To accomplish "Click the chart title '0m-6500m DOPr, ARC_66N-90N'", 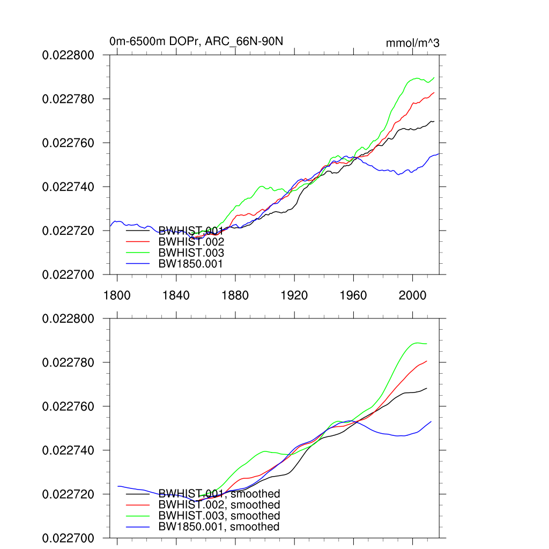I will click(192, 41).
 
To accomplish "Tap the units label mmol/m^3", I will click(412, 43).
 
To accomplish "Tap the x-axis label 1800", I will click(117, 295).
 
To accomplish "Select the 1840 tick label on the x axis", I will click(176, 295).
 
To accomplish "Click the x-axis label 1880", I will click(235, 295).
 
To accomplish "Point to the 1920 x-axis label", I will click(294, 295).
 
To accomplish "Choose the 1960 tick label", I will click(353, 295).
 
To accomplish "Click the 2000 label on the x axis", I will click(413, 295).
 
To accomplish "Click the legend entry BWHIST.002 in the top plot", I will click(191, 242).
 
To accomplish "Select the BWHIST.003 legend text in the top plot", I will click(191, 253).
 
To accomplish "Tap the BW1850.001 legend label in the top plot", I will click(191, 264).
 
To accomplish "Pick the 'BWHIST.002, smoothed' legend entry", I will click(219, 505).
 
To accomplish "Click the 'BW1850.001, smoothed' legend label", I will click(219, 527).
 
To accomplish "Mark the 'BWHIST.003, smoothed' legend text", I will click(219, 516).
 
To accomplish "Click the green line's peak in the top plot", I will click(417, 78).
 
